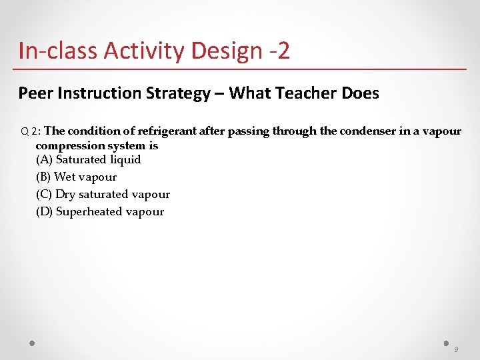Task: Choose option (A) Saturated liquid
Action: pos(88,160)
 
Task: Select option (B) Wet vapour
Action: pos(76,177)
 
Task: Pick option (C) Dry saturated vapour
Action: pos(103,195)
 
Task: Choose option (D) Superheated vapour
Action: pos(99,212)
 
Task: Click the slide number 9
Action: pos(456,349)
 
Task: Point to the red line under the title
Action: pos(240,69)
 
